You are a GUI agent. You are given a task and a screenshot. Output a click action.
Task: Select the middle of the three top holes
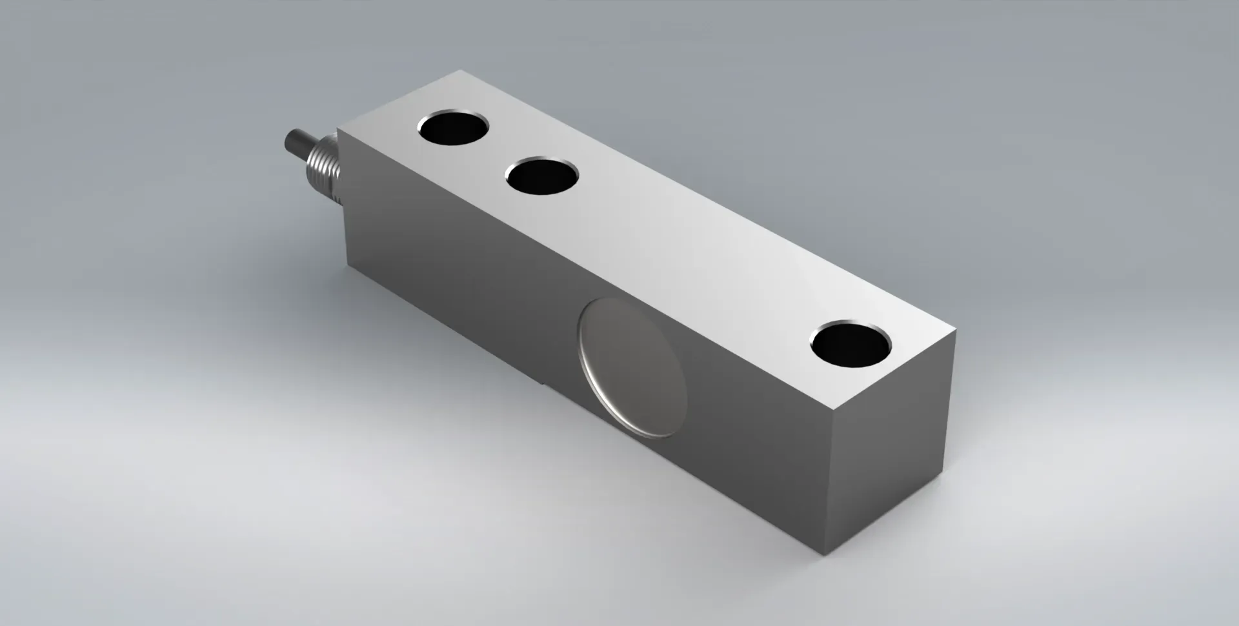541,176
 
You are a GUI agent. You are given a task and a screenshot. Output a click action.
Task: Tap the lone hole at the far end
851,347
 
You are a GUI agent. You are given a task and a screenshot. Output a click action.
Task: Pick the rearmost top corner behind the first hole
459,71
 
